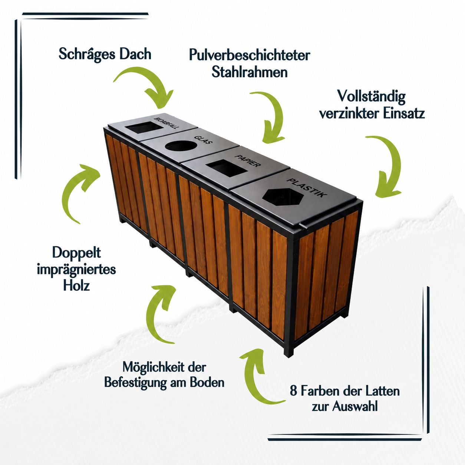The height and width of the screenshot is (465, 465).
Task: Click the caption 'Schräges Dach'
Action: pyautogui.click(x=105, y=55)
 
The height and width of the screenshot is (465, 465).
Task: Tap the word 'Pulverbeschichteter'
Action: pyautogui.click(x=249, y=55)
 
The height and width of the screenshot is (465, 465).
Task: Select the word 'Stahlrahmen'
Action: pyautogui.click(x=250, y=72)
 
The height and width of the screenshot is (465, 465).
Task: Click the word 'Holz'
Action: pyautogui.click(x=76, y=285)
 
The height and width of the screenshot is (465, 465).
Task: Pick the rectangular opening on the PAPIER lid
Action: pyautogui.click(x=227, y=169)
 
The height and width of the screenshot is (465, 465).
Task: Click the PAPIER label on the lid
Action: pyautogui.click(x=248, y=161)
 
